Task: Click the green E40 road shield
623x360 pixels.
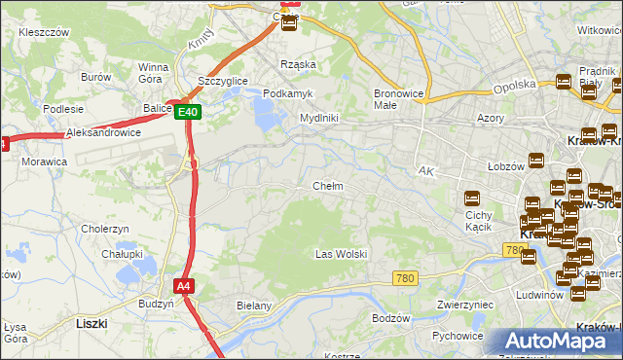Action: tap(189, 113)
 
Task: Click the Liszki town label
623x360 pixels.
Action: tap(91, 321)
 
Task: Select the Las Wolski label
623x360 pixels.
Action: tap(341, 254)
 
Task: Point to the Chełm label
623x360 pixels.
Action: tap(327, 186)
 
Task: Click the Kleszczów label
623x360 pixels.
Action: tap(43, 32)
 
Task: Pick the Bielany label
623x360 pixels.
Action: tap(253, 306)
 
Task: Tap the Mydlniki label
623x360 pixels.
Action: tap(318, 118)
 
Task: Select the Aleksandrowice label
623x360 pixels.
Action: tap(103, 132)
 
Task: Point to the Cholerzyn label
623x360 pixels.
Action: tap(106, 229)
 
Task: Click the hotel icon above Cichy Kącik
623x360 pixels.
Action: tap(472, 198)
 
